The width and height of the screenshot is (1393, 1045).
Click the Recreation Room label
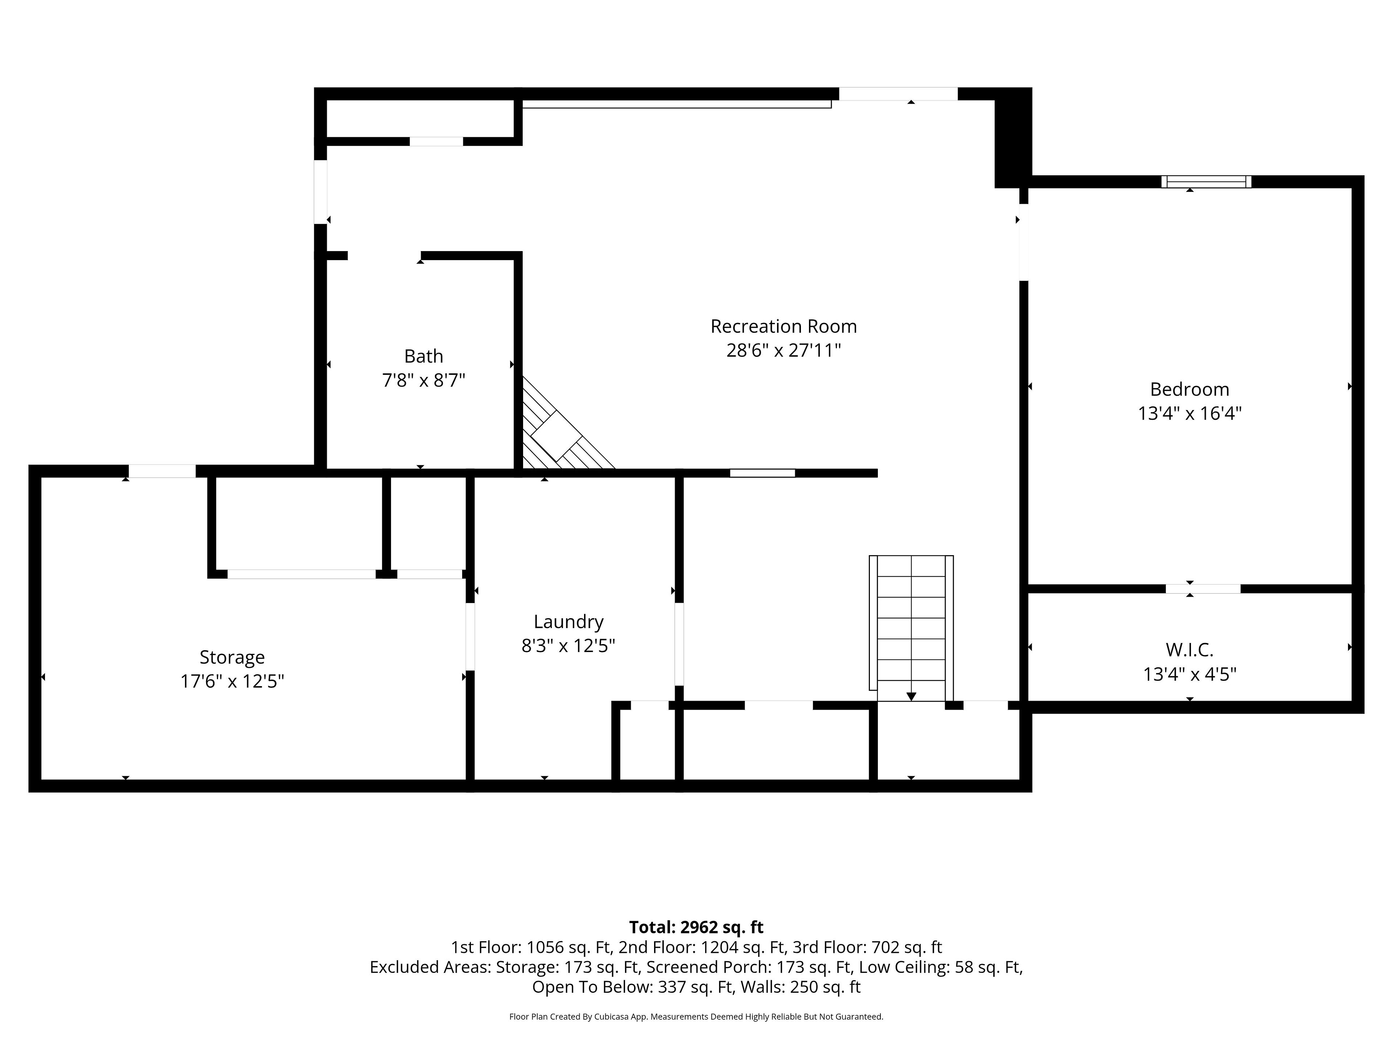(784, 326)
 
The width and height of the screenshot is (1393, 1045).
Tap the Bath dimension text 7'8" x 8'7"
(424, 381)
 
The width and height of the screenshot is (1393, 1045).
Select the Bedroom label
(1189, 389)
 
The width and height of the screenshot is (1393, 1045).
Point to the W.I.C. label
(1189, 649)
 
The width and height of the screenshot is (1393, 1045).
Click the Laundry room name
(569, 622)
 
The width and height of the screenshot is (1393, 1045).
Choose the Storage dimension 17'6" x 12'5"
(233, 681)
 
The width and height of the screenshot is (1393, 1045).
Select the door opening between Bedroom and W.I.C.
(1203, 589)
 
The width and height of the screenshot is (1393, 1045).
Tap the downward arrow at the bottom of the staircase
(911, 696)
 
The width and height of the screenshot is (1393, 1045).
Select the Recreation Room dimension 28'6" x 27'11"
(784, 350)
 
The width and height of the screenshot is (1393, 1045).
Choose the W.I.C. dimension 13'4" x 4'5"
(1189, 675)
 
